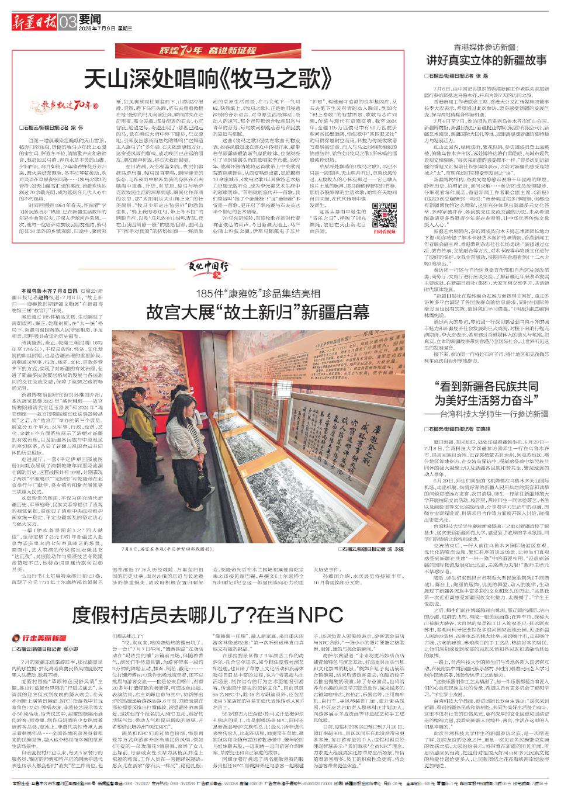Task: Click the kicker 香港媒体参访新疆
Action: [487, 46]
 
